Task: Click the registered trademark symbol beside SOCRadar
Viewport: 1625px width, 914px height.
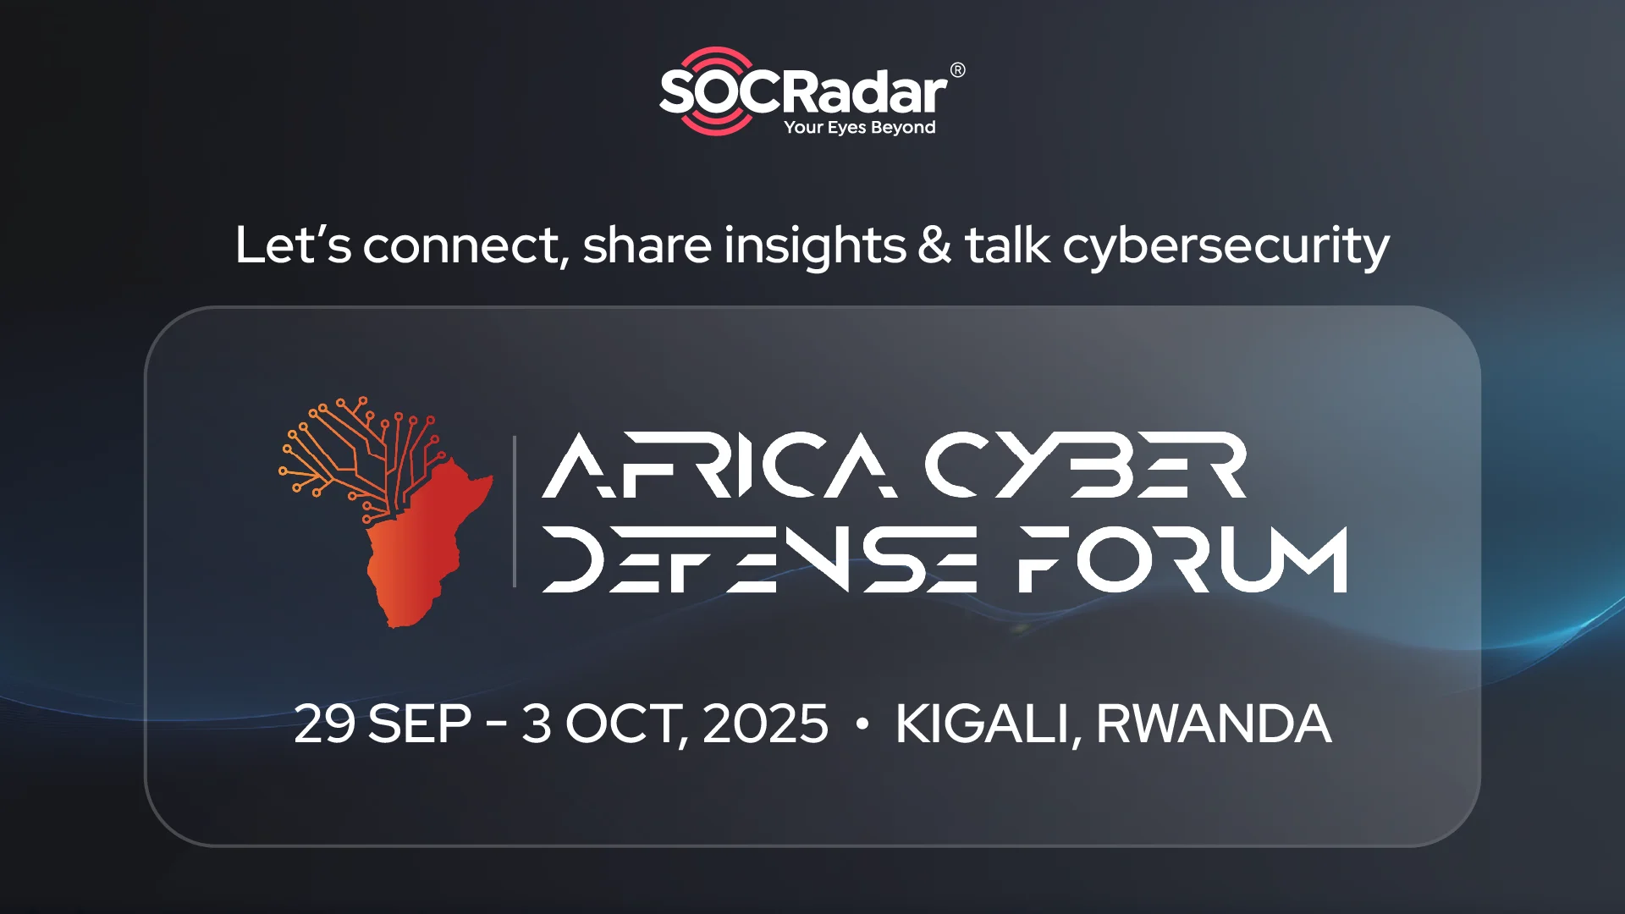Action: [957, 70]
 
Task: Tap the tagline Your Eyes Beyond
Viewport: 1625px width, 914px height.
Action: [860, 128]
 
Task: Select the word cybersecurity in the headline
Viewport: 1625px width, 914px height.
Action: [1226, 247]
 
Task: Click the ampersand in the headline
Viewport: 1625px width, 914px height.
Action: [934, 245]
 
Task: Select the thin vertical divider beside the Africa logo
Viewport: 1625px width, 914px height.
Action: [515, 511]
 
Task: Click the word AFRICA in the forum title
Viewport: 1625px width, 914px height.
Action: [719, 465]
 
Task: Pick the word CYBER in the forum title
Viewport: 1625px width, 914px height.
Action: [1086, 465]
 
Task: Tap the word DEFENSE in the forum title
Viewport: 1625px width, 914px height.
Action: [760, 559]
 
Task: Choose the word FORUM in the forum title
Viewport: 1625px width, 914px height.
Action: [1183, 559]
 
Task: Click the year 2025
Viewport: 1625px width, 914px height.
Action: [765, 724]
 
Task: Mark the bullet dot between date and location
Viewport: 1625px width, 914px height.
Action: [862, 724]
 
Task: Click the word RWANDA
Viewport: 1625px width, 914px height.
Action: [1215, 724]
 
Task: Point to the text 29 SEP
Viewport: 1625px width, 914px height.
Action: [383, 724]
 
